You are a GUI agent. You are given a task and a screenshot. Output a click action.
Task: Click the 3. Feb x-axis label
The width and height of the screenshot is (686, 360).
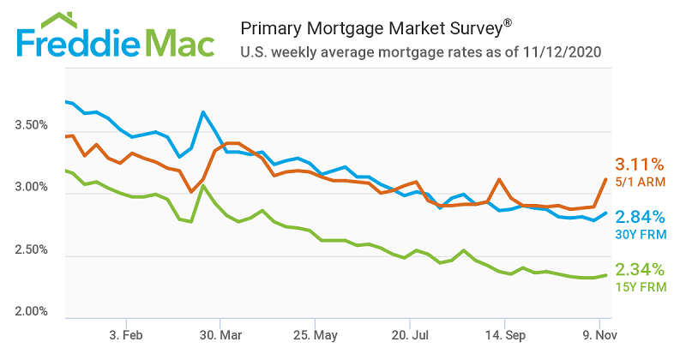[126, 334]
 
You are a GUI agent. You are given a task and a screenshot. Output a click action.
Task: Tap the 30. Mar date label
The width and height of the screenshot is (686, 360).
[221, 334]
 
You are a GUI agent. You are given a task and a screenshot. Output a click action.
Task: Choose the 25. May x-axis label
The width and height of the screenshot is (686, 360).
[316, 334]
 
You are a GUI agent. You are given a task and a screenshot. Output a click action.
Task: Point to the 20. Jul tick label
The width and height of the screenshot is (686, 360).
[411, 334]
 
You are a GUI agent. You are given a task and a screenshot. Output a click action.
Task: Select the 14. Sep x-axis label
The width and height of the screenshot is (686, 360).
[505, 334]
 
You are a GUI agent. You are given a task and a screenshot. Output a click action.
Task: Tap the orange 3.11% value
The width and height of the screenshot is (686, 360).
[640, 164]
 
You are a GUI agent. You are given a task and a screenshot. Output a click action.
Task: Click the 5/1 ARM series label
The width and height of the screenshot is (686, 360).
[640, 182]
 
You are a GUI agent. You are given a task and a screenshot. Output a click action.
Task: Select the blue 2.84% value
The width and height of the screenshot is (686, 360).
[640, 217]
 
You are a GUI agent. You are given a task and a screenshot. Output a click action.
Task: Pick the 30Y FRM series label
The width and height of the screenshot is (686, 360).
[640, 235]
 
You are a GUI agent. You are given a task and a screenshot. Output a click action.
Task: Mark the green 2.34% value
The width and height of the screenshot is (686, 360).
[640, 269]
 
